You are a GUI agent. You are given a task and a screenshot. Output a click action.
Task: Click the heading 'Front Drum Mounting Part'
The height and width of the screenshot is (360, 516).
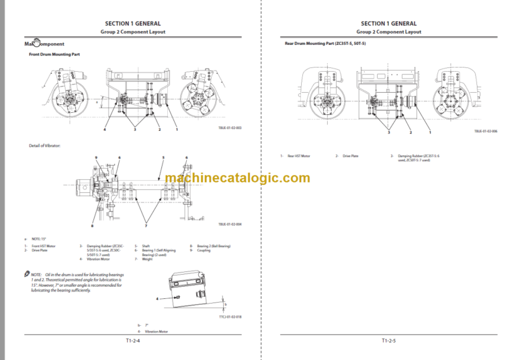54,54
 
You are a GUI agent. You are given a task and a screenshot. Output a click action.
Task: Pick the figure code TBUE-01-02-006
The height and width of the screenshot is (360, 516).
486,132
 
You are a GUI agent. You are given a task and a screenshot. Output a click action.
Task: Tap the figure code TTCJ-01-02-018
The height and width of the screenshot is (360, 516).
229,316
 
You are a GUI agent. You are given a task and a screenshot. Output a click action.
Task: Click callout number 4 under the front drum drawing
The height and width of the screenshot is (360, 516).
105,130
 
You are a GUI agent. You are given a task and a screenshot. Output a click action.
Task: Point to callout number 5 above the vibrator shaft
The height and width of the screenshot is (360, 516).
163,158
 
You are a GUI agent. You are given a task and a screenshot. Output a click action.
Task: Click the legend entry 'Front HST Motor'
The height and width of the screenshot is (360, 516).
42,246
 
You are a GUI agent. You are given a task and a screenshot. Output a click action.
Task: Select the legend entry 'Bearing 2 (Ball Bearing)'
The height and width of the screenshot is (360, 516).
214,246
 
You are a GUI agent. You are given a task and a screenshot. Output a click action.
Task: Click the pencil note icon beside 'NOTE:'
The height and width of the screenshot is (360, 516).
26,275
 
